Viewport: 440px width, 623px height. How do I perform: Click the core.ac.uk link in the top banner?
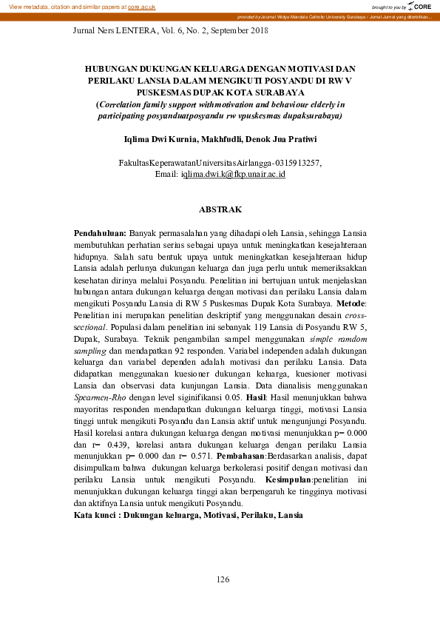click(141, 6)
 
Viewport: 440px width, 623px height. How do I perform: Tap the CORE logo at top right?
click(422, 6)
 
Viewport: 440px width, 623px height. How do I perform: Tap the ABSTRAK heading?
click(220, 210)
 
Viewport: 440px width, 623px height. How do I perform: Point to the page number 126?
click(223, 579)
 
